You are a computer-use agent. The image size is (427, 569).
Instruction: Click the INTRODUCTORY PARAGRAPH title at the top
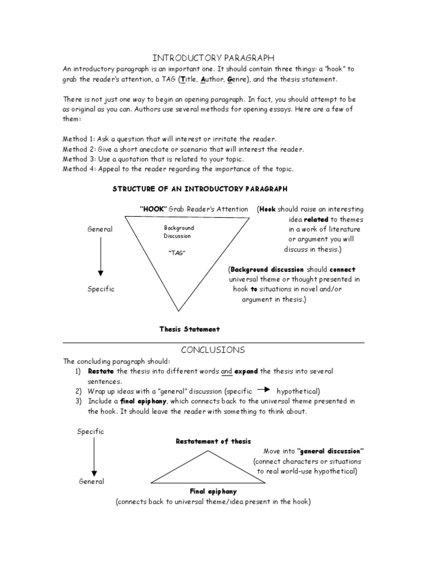click(x=213, y=58)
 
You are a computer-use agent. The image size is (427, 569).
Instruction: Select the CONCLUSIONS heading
click(x=213, y=350)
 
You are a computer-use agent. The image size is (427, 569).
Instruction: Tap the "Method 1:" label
click(x=79, y=139)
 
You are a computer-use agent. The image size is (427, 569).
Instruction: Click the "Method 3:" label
click(x=79, y=159)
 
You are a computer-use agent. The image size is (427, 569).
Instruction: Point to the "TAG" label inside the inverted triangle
click(x=176, y=253)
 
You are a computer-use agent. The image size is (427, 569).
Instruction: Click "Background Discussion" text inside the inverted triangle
click(x=178, y=232)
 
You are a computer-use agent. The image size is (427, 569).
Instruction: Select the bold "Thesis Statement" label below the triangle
click(x=190, y=329)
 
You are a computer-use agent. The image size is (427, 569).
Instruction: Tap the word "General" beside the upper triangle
click(x=100, y=229)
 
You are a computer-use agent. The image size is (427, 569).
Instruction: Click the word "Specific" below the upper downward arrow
click(x=101, y=289)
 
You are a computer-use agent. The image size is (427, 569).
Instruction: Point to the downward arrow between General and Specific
click(x=101, y=258)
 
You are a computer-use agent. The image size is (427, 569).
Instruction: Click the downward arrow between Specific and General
click(x=94, y=457)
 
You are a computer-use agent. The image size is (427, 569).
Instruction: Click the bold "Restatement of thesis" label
click(x=213, y=441)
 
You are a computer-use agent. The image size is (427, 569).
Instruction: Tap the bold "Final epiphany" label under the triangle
click(x=213, y=491)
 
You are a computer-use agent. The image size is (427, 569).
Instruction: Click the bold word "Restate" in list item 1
click(x=101, y=371)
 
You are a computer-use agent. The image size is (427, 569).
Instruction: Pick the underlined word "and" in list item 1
click(x=226, y=371)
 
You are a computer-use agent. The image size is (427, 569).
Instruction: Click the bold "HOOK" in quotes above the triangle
click(x=153, y=209)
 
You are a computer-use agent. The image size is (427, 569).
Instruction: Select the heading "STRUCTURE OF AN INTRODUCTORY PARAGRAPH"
click(x=200, y=189)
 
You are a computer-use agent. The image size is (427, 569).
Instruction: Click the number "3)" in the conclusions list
click(x=78, y=401)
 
